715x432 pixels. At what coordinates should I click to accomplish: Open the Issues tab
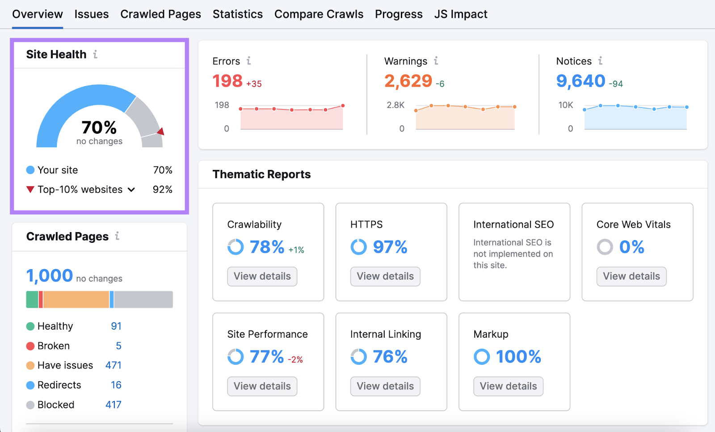click(x=91, y=14)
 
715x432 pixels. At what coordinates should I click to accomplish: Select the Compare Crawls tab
click(x=319, y=14)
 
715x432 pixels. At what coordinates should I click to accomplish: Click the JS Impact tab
click(x=460, y=14)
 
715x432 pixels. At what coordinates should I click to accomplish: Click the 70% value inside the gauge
click(x=99, y=127)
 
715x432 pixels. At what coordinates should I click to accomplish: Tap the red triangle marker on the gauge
click(x=161, y=131)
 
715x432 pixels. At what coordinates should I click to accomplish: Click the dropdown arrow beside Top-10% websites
click(x=131, y=190)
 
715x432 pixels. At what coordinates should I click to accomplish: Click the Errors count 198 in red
click(x=227, y=81)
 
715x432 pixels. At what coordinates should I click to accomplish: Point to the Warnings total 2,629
click(x=408, y=81)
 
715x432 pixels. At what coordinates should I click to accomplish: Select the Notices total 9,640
click(x=580, y=81)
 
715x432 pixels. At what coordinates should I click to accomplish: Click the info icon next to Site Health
click(x=95, y=55)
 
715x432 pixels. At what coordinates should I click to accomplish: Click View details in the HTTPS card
click(x=385, y=276)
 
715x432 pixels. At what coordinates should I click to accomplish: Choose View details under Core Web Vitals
click(x=631, y=276)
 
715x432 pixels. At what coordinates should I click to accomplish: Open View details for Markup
click(x=508, y=386)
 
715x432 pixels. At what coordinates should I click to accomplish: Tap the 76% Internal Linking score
click(x=390, y=357)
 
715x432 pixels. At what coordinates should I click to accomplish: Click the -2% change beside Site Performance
click(x=295, y=360)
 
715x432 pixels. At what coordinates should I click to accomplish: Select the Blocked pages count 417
click(x=114, y=405)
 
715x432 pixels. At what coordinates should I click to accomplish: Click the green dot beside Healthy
click(x=30, y=326)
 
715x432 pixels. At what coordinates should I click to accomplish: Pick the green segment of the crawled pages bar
click(x=32, y=300)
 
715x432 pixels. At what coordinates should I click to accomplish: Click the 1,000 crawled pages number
click(x=50, y=275)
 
